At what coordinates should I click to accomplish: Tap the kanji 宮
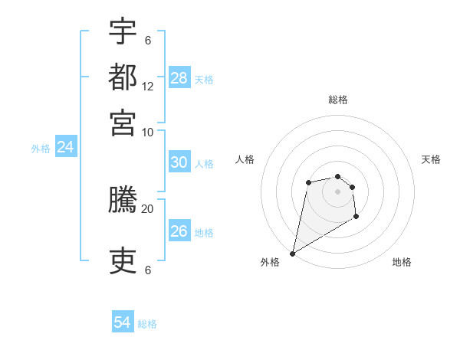pos(123,122)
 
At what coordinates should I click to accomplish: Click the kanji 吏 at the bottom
pos(123,261)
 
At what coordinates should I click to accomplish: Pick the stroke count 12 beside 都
pos(148,86)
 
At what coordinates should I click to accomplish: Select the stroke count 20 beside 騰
pos(148,208)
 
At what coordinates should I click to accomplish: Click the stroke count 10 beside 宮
pos(148,131)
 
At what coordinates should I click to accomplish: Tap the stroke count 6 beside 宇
pos(148,40)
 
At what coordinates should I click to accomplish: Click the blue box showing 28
pos(179,78)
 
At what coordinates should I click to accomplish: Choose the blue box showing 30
pos(179,162)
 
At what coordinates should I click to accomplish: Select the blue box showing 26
pos(179,231)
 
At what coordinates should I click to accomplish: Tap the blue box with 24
pos(65,147)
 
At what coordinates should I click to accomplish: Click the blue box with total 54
pos(123,323)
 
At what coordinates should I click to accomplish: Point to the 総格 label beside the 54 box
pos(147,324)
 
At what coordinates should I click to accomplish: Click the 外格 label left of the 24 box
pos(40,149)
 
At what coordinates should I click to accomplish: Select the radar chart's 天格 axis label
pos(431,159)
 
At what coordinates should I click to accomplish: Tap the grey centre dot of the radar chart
pos(337,191)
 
